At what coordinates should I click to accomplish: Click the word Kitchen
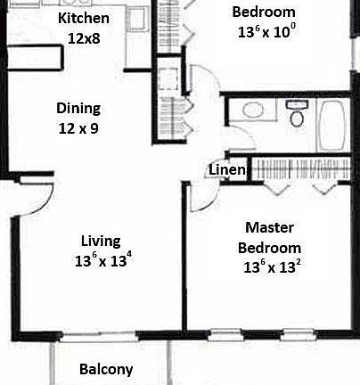83,18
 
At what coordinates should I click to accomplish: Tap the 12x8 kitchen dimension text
83,37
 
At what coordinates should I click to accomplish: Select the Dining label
78,109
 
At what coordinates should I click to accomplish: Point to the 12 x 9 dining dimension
78,128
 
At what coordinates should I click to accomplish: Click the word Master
269,227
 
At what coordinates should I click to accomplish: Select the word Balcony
106,369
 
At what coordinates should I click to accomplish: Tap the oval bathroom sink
252,112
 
